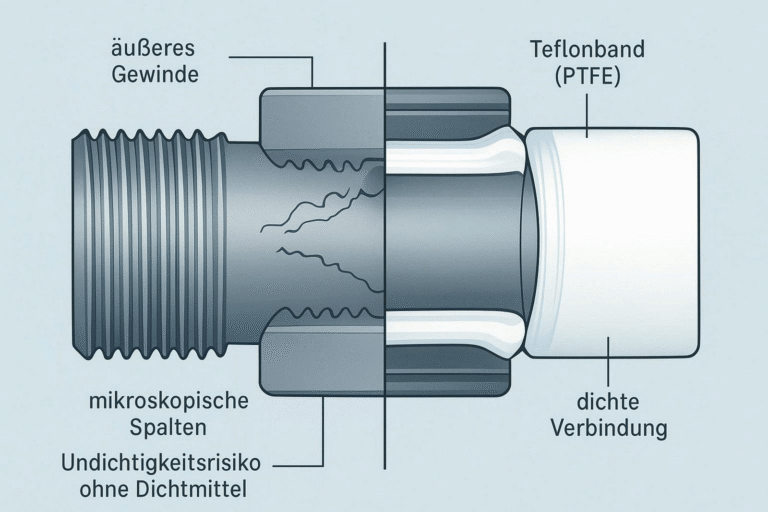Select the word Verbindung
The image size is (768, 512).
click(608, 430)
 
